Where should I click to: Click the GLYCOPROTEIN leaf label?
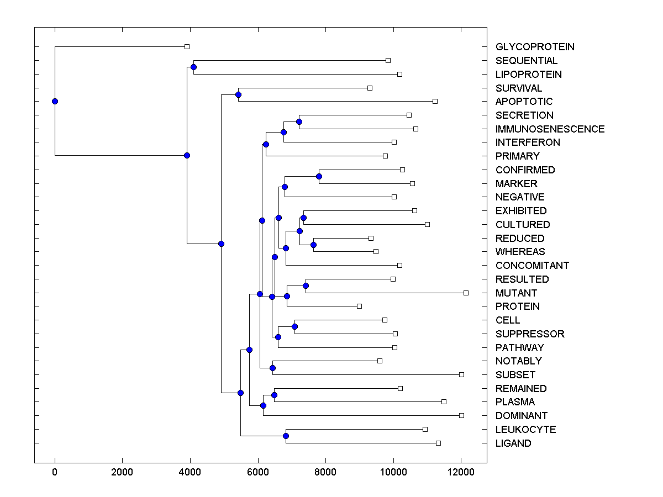(x=535, y=47)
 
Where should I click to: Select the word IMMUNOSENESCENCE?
(x=550, y=129)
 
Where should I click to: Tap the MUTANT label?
(x=516, y=293)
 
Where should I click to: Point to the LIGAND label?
(x=513, y=443)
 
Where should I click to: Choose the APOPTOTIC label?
(x=524, y=102)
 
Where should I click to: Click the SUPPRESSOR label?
(x=530, y=334)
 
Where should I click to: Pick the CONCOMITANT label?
(x=532, y=266)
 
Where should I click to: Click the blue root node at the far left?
(x=55, y=101)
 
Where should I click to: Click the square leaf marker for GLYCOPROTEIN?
(x=187, y=47)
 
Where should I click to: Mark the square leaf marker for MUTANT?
(x=466, y=293)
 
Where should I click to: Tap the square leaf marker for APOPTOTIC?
(x=435, y=101)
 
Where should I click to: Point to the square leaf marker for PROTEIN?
(x=359, y=306)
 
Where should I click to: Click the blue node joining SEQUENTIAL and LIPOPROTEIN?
(x=193, y=67)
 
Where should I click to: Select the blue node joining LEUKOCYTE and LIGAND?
(x=286, y=436)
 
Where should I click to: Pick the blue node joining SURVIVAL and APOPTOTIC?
(x=238, y=94)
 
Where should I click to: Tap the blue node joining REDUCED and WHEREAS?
(x=313, y=245)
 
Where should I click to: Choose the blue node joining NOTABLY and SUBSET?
(x=272, y=368)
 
